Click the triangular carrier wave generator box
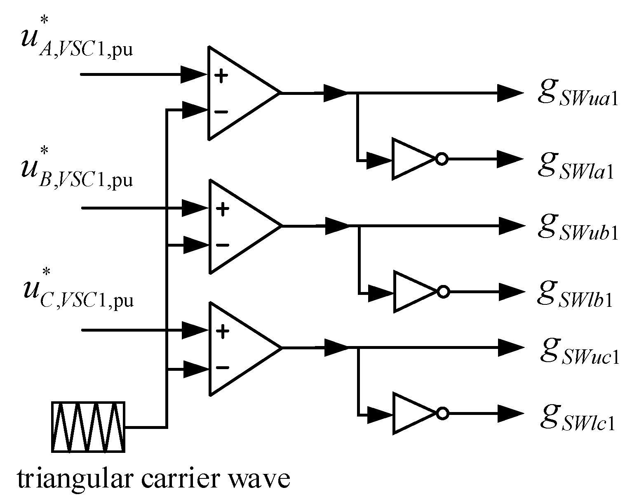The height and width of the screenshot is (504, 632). (88, 427)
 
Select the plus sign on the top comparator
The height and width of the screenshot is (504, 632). (221, 76)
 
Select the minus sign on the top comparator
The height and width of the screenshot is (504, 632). (221, 111)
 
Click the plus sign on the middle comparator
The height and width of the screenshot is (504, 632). (223, 210)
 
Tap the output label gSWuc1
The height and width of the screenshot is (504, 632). (579, 350)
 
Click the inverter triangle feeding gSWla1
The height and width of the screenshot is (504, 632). (410, 159)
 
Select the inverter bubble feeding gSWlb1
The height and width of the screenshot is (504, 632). (443, 292)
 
